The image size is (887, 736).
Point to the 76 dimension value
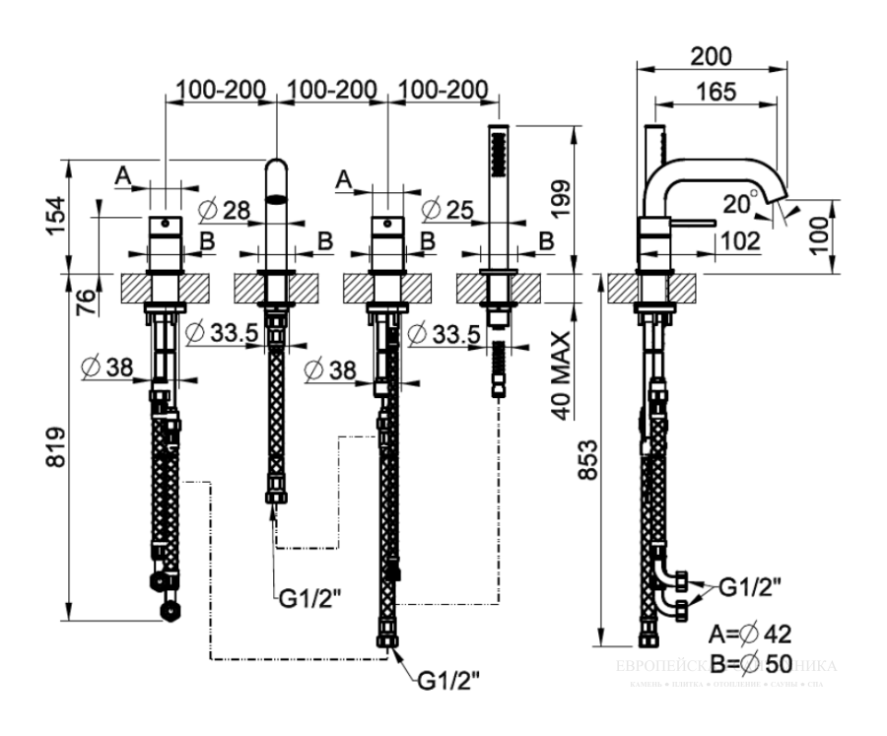tap(86, 298)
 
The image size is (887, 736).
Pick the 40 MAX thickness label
tap(561, 376)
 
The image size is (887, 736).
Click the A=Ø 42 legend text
tap(751, 632)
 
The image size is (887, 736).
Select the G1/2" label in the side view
tap(750, 588)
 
